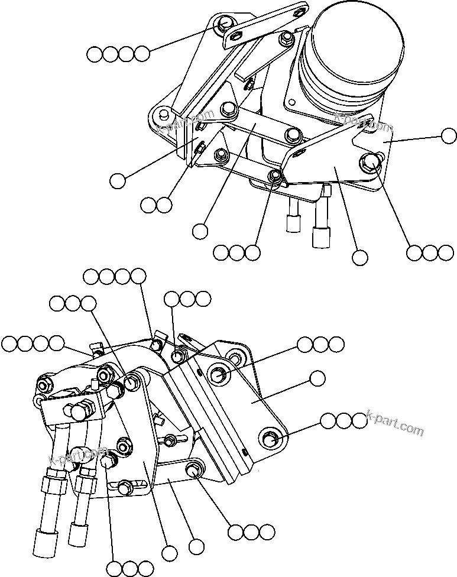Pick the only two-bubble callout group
point(157,205)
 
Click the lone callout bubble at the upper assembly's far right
point(449,136)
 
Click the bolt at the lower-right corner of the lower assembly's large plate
point(271,439)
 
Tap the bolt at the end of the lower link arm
point(193,469)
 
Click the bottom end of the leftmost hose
point(41,544)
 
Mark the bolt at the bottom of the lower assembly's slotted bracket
point(124,488)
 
